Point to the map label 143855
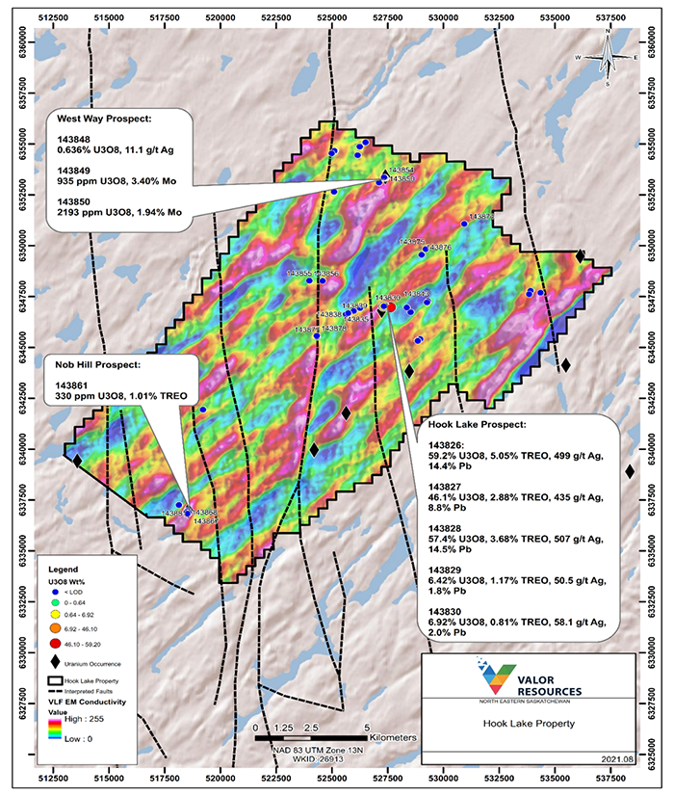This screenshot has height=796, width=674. [301, 274]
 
